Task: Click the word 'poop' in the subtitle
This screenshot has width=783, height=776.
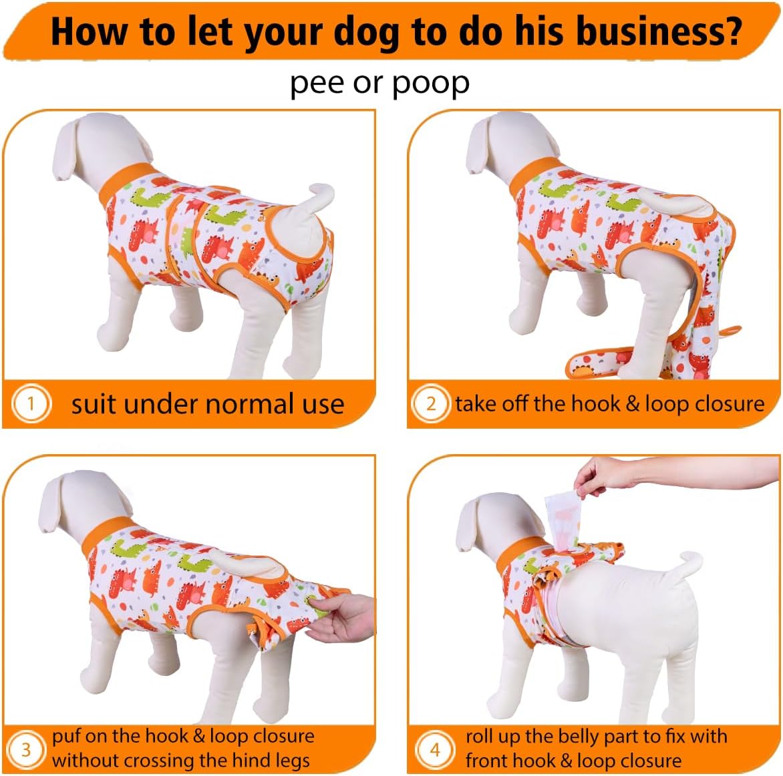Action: (431, 83)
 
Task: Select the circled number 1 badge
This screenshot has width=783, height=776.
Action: (30, 403)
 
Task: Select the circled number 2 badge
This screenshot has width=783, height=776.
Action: (431, 403)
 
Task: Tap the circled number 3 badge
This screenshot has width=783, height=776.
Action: (26, 749)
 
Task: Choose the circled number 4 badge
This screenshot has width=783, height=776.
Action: (434, 749)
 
